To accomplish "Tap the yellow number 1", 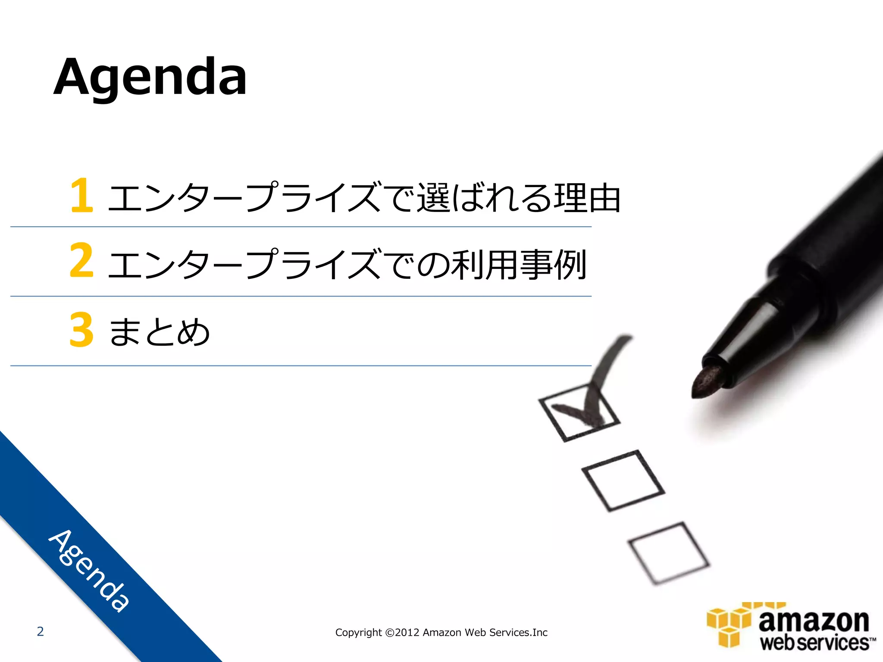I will (x=82, y=196).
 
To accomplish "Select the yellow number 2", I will (x=81, y=260).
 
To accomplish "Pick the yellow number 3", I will (x=81, y=330).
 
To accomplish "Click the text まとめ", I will (x=160, y=332).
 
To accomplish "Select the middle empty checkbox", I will (x=623, y=480).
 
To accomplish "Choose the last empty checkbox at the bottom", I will (x=669, y=553).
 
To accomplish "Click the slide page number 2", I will (x=40, y=631).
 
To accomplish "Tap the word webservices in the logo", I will (x=815, y=643).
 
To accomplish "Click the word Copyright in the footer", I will (x=358, y=632).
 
